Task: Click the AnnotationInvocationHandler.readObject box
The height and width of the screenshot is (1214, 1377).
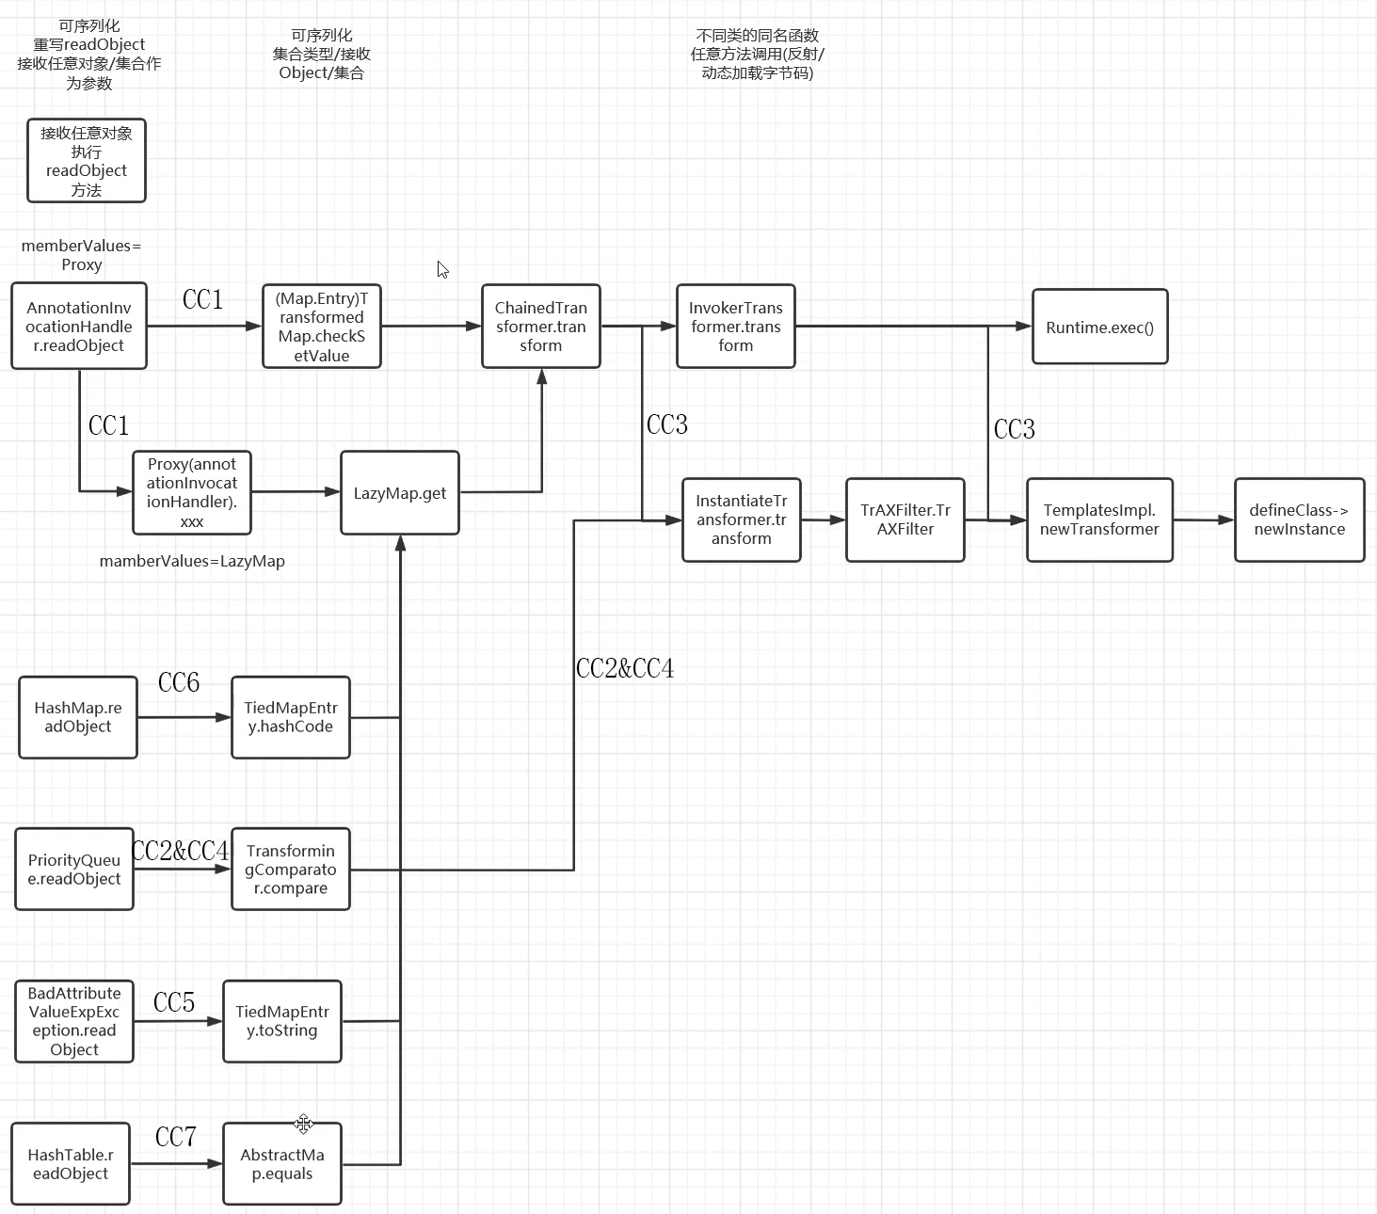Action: [79, 327]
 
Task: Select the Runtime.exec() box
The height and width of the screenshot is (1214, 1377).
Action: [1099, 327]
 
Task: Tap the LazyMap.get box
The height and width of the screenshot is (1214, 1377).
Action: [400, 493]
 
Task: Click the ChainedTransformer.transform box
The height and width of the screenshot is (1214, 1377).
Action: [541, 327]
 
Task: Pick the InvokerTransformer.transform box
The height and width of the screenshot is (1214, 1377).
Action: [735, 327]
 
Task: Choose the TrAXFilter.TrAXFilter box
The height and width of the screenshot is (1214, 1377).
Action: [905, 519]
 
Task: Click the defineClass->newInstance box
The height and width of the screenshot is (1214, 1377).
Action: [1299, 519]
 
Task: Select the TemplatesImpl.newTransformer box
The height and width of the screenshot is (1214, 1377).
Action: [1099, 519]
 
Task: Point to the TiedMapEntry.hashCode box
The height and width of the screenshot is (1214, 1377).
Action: [291, 717]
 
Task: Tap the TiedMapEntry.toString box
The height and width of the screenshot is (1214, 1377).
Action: [282, 1021]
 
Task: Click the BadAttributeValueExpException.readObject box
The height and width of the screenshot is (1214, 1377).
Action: [74, 1021]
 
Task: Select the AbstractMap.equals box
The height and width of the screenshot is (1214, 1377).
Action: [282, 1164]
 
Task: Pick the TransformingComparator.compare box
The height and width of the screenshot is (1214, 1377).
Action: [291, 870]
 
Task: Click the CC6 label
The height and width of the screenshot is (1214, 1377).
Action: [179, 682]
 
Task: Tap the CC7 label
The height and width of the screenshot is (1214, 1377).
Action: [176, 1137]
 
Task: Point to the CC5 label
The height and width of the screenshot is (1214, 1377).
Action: [174, 1002]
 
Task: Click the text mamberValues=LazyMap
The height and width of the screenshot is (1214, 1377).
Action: [192, 561]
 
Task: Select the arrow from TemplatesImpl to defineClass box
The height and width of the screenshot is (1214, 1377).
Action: [1203, 519]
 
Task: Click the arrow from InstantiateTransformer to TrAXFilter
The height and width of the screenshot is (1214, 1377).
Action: [824, 519]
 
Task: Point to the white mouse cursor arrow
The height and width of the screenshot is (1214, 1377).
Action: [442, 269]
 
